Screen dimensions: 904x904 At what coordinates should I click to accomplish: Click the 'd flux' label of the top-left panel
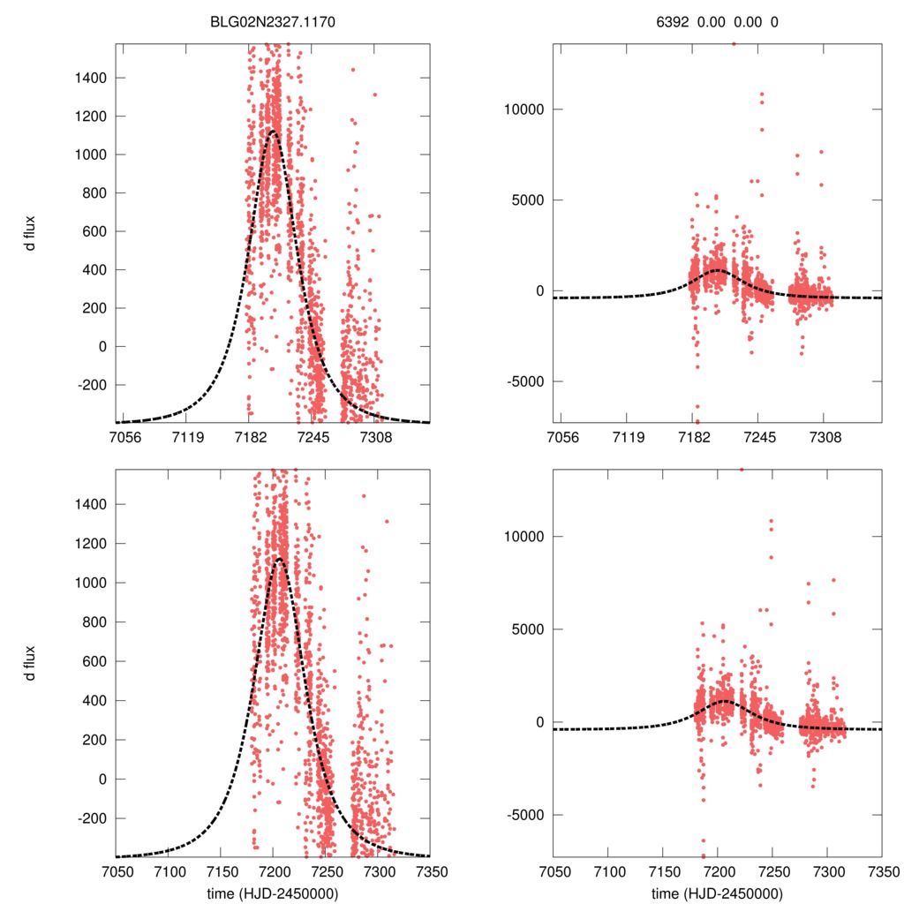pos(30,233)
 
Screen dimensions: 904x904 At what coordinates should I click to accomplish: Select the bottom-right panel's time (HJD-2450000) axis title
pos(717,893)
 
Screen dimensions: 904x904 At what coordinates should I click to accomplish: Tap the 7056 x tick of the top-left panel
pos(124,436)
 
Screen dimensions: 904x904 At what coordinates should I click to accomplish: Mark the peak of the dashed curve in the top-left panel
pos(273,132)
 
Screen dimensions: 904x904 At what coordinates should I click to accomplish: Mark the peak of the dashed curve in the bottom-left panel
pos(279,559)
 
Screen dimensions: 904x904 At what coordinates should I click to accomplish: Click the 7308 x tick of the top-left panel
pos(375,436)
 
